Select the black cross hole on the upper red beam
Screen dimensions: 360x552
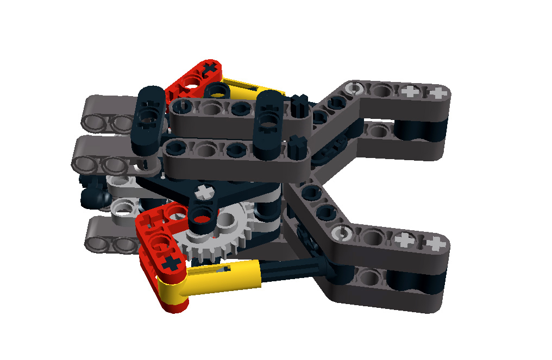tap(210, 69)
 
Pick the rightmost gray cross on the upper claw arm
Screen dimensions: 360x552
tap(436, 93)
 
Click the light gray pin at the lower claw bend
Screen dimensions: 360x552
tap(342, 233)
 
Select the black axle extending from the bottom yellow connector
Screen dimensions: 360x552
tap(293, 268)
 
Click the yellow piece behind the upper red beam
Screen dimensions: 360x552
tap(255, 87)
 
